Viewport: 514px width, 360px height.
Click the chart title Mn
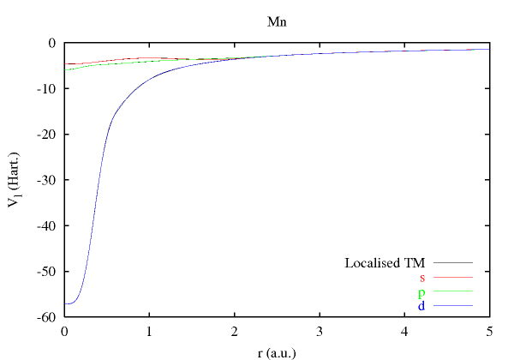coord(277,21)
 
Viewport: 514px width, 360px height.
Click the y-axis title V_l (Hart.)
coord(18,181)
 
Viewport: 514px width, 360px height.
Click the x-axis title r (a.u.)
coord(276,351)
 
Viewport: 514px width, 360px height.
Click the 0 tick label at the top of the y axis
coord(53,44)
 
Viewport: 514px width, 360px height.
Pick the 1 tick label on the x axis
coord(149,332)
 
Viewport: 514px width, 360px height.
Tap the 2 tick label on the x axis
coord(234,332)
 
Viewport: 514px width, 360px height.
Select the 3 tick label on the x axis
coord(319,332)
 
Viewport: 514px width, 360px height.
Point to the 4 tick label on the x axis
coord(403,332)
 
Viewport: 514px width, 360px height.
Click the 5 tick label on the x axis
coord(488,332)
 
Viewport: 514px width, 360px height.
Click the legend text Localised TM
coord(385,262)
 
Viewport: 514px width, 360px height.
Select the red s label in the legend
coord(422,278)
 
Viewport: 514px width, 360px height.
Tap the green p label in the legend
coord(422,292)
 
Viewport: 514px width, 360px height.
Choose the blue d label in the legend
coord(422,306)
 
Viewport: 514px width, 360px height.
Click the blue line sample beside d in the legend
coord(453,306)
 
